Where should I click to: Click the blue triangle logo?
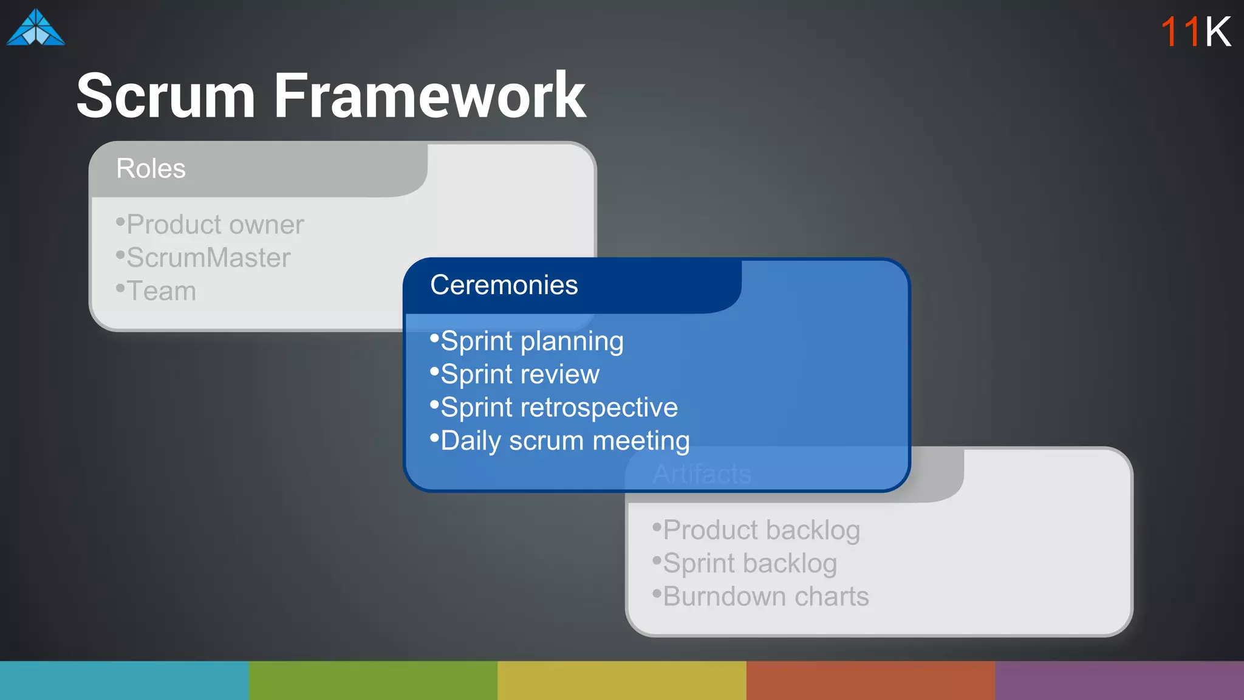point(36,29)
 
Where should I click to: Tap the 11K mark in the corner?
point(1195,32)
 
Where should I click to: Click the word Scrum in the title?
point(165,96)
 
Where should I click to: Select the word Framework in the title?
point(429,96)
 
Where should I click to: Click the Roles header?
point(151,168)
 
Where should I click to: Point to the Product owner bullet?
point(210,225)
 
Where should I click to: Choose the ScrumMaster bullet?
point(204,258)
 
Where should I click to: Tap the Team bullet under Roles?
point(157,291)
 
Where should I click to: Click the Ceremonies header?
point(504,285)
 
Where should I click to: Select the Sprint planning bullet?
point(527,341)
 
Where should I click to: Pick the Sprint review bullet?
point(515,374)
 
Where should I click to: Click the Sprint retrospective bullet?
point(554,408)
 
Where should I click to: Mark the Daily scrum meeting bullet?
point(560,441)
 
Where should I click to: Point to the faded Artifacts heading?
point(702,474)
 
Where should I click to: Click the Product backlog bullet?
point(757,530)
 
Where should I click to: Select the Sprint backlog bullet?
point(745,563)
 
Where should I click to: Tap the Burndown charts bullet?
point(761,597)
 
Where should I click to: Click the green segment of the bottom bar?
point(373,681)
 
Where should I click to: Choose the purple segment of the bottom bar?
point(1119,681)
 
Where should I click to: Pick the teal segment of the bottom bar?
point(124,681)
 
